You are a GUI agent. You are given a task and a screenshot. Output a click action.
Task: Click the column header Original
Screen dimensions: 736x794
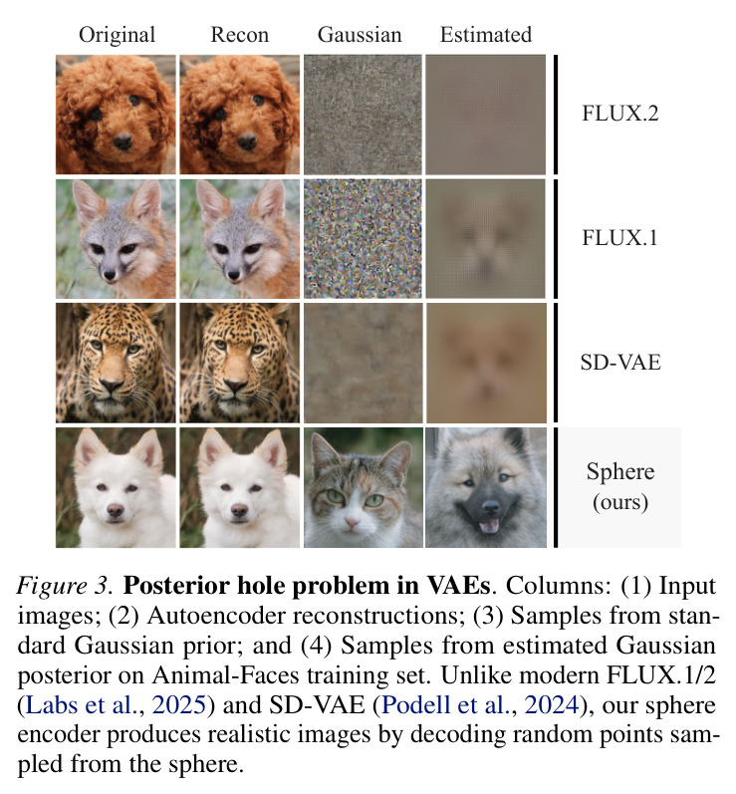point(117,36)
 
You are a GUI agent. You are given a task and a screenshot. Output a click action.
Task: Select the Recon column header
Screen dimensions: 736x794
point(239,35)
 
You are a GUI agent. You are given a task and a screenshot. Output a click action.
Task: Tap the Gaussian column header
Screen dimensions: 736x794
point(360,35)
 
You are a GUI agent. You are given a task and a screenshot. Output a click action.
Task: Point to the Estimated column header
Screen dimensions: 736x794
point(486,35)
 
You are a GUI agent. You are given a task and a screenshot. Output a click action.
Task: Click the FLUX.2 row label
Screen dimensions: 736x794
point(620,114)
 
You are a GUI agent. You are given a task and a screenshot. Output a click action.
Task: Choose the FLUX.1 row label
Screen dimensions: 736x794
point(620,238)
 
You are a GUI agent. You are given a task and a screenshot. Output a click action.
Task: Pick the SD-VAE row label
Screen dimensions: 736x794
point(620,363)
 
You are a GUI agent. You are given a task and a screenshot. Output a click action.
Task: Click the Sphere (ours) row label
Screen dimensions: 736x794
point(620,487)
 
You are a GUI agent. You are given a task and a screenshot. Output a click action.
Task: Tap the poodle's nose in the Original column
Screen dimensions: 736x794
point(123,141)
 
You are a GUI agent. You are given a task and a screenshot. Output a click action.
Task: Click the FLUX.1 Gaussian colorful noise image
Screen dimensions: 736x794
point(363,238)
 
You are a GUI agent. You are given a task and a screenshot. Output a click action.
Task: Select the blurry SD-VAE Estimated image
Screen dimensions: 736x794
point(486,363)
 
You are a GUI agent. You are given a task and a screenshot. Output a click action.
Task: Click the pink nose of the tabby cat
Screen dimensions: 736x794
point(352,522)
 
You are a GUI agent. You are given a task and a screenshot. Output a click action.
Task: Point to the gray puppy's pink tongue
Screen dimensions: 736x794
point(488,526)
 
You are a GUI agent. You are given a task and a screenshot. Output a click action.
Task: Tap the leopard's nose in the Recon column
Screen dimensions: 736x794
point(236,386)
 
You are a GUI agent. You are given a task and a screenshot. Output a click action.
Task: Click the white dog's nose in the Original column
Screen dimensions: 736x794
point(115,510)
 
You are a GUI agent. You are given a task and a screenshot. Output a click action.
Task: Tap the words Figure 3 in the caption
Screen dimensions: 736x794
point(64,587)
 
